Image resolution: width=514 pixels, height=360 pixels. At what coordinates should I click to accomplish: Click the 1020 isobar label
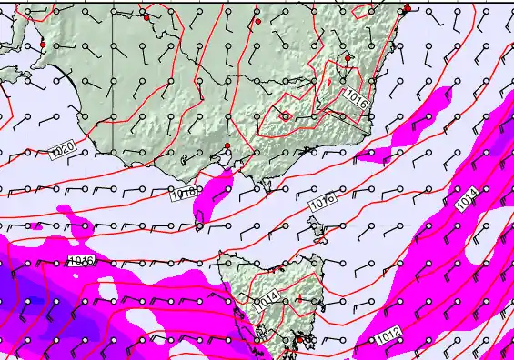coord(62,146)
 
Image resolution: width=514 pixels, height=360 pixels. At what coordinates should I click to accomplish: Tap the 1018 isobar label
coord(183,193)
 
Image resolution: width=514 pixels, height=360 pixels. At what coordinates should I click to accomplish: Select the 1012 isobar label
coord(388,336)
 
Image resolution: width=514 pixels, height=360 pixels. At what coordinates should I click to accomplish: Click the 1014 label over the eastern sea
coord(467,201)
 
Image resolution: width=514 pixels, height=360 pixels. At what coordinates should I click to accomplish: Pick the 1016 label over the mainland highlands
coord(356,100)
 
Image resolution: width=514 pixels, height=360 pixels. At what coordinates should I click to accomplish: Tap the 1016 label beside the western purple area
coord(81,262)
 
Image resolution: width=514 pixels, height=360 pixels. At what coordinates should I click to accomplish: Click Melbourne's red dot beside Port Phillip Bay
coord(227,146)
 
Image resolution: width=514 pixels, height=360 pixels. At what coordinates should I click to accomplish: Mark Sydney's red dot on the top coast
coord(408,8)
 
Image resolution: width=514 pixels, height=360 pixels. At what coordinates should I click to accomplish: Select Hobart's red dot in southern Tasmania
coord(297,340)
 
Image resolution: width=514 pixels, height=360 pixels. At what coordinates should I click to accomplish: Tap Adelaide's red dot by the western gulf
coord(43,45)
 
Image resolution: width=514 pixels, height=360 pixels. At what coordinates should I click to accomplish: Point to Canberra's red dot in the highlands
coord(348,58)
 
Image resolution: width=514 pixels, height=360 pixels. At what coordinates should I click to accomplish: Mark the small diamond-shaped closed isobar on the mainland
coord(286,115)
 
